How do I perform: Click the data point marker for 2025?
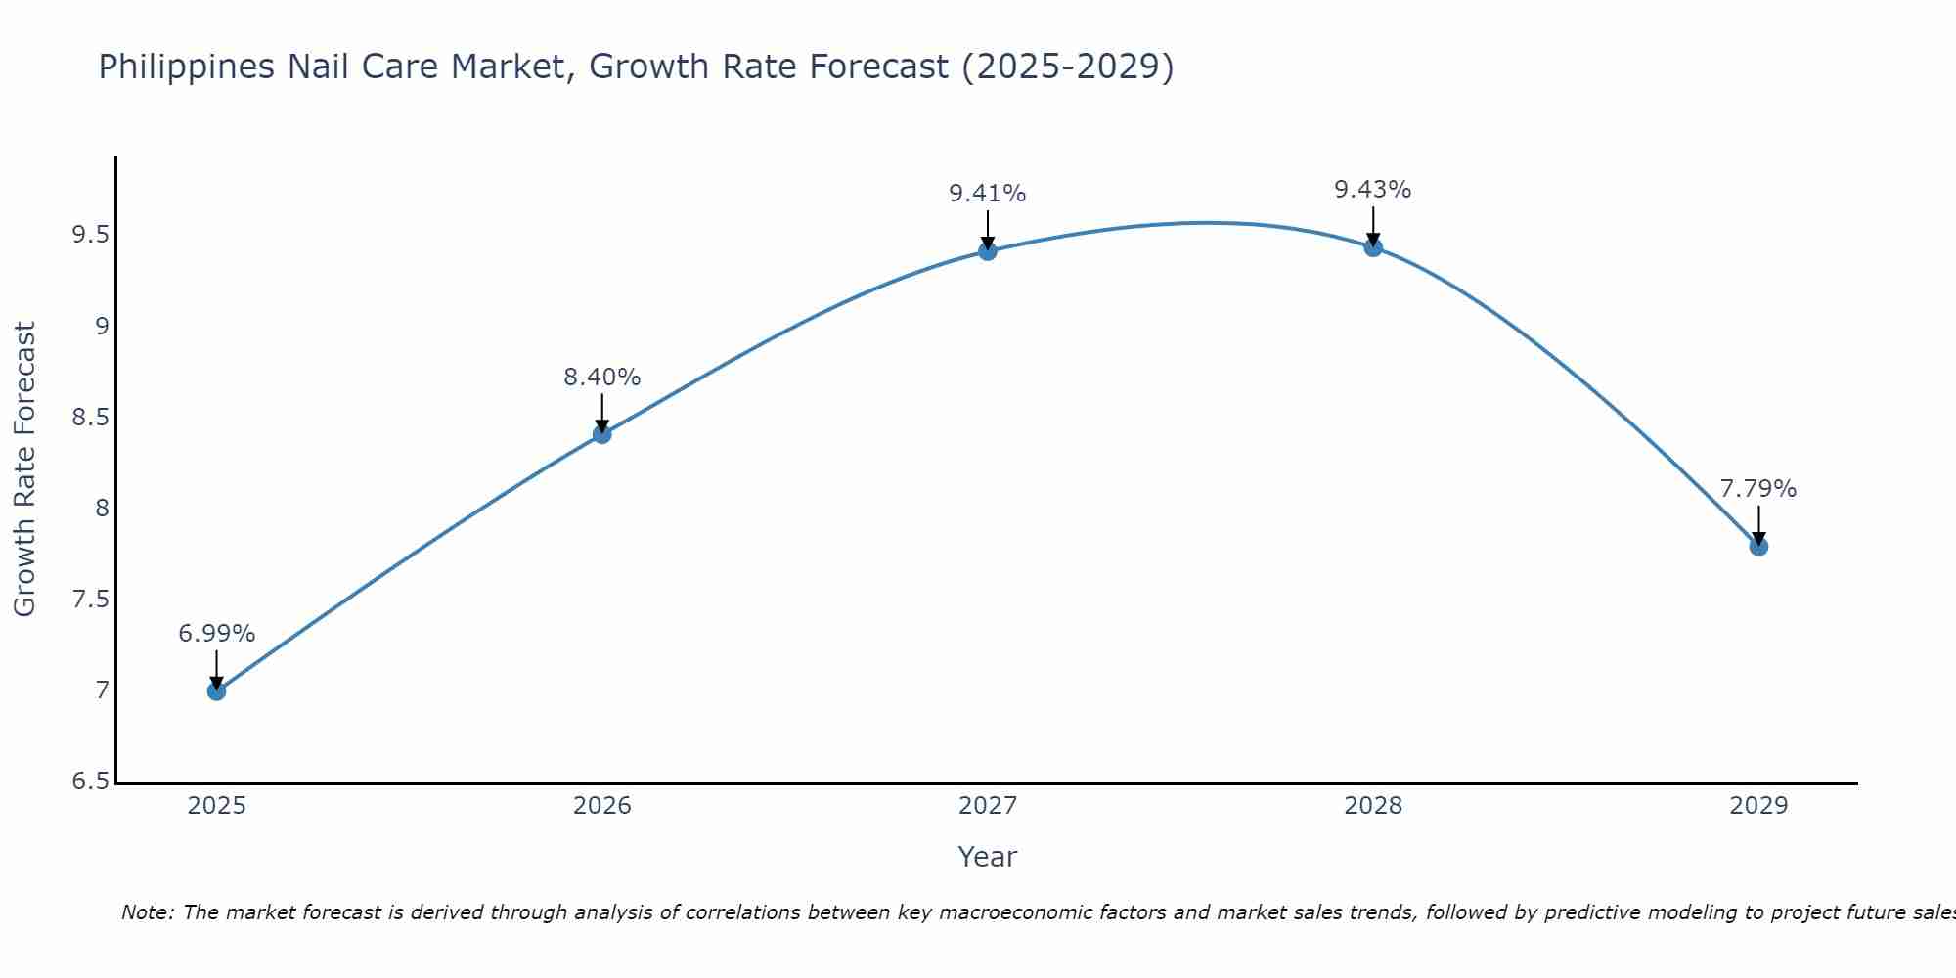pyautogui.click(x=216, y=691)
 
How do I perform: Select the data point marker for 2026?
pyautogui.click(x=602, y=434)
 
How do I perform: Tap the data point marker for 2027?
pyautogui.click(x=988, y=251)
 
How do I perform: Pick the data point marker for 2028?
pyautogui.click(x=1373, y=247)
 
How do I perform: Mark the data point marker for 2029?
pyautogui.click(x=1758, y=547)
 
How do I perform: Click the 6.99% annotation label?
pyautogui.click(x=216, y=634)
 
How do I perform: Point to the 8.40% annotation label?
pyautogui.click(x=602, y=378)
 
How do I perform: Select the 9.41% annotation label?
pyautogui.click(x=988, y=194)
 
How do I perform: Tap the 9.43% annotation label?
pyautogui.click(x=1373, y=190)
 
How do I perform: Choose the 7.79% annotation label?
pyautogui.click(x=1758, y=489)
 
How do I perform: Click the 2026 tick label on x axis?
pyautogui.click(x=602, y=806)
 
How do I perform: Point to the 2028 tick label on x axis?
pyautogui.click(x=1373, y=806)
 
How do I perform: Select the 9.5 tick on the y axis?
pyautogui.click(x=90, y=235)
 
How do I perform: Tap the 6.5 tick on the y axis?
pyautogui.click(x=90, y=781)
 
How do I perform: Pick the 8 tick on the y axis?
pyautogui.click(x=102, y=509)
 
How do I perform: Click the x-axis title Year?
pyautogui.click(x=988, y=857)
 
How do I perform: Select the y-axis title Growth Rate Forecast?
pyautogui.click(x=24, y=469)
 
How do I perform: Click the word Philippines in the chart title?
pyautogui.click(x=186, y=67)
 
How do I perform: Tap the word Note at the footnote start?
pyautogui.click(x=147, y=912)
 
